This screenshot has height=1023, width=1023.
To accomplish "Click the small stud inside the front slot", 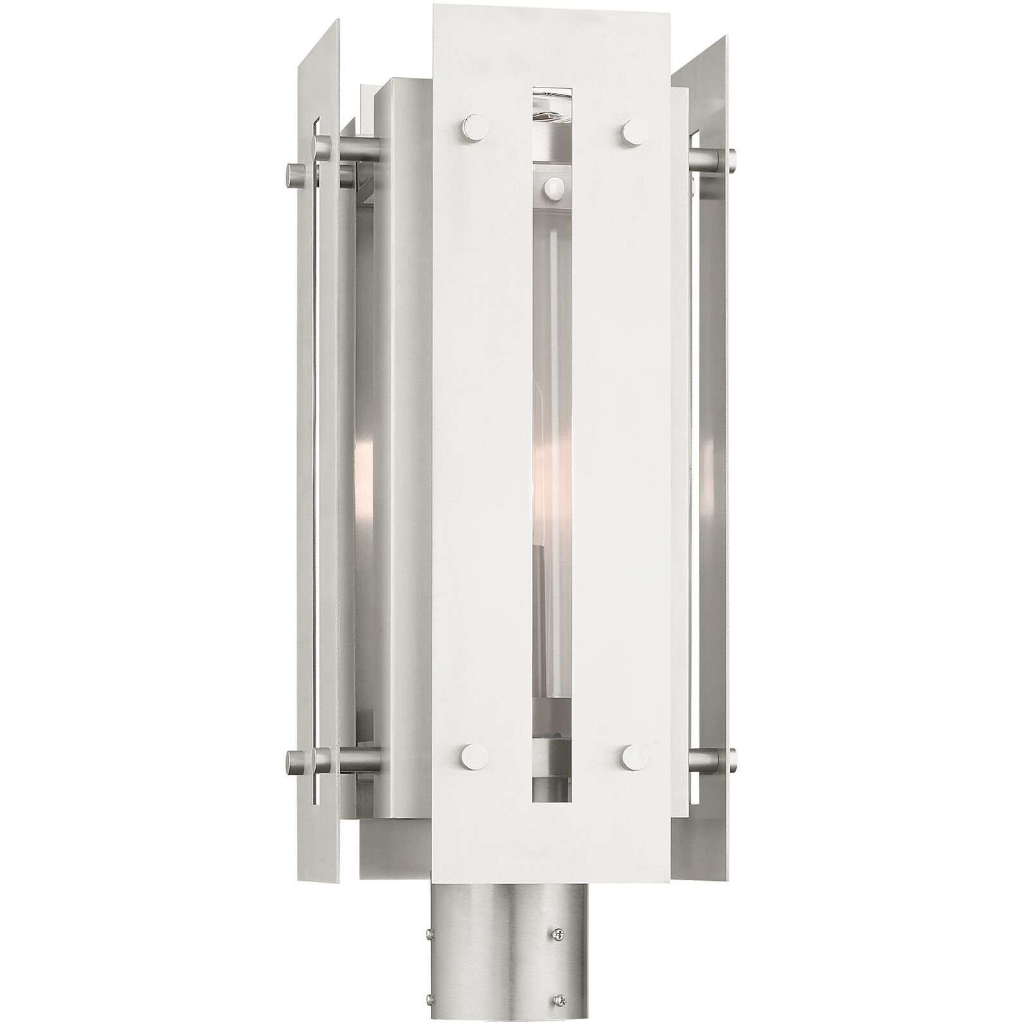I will point(552,188).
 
